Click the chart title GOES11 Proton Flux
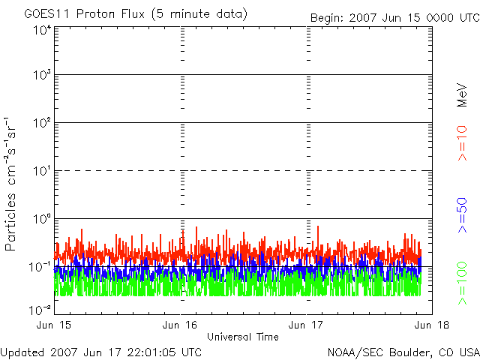point(136,14)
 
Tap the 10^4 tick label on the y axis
point(41,29)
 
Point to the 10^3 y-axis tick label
point(41,76)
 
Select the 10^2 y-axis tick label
point(41,124)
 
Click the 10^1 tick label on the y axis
point(41,172)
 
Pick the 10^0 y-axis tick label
point(41,220)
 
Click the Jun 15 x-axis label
point(55,325)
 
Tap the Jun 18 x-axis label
point(429,325)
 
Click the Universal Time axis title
point(242,337)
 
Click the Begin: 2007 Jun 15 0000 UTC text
point(393,17)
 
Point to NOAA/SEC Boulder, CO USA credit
point(403,351)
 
